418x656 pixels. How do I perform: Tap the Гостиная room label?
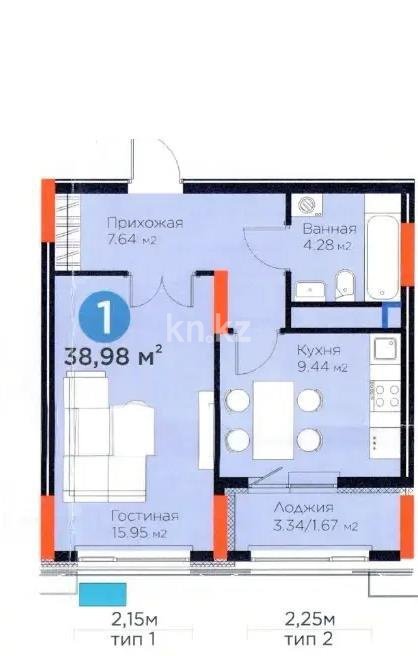(144, 516)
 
